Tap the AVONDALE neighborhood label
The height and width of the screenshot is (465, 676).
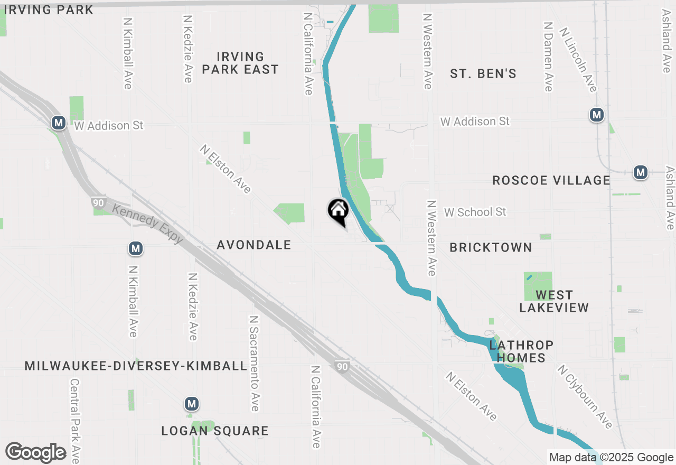pos(254,245)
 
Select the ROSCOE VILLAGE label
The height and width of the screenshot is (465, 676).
pos(551,180)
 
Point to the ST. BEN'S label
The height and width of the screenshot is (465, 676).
pos(483,73)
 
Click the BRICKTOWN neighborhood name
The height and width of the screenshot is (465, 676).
pos(491,247)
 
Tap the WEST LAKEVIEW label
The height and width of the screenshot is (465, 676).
pos(554,301)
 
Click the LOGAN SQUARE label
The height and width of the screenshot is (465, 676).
pos(215,431)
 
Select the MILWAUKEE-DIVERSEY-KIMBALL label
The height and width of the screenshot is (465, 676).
pos(136,366)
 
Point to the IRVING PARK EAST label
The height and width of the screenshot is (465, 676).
pos(240,63)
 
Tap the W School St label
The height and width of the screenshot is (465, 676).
pos(475,212)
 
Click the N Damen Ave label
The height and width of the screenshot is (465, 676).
pos(548,57)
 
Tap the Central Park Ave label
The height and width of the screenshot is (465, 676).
pos(75,420)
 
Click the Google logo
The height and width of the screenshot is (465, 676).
pos(35,452)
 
